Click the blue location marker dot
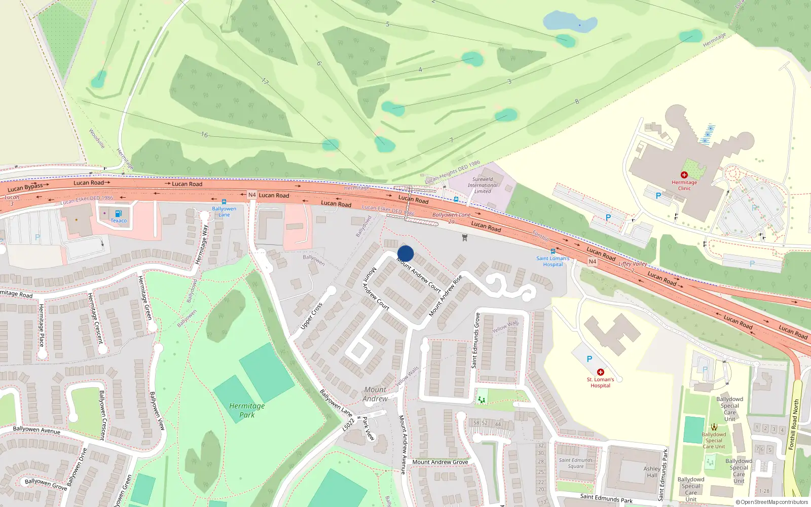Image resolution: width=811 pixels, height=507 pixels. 405,253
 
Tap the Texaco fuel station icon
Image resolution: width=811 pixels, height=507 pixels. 118,214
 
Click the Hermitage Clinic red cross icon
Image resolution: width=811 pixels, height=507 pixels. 684,175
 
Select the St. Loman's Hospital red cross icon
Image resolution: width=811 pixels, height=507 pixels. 601,372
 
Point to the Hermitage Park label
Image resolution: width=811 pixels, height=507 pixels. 247,410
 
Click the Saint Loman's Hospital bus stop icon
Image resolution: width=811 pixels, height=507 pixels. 552,251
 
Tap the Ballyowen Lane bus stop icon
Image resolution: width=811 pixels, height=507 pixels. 224,202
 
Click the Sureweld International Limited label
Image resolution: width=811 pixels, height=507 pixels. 483,185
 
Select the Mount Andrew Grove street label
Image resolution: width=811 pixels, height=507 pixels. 440,462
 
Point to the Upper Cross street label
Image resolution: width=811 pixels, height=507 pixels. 311,316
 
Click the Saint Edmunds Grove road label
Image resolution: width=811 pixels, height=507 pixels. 476,340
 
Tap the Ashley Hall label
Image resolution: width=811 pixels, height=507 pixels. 652,472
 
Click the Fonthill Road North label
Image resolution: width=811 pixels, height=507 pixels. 794,424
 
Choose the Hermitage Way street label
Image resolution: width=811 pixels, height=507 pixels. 202,244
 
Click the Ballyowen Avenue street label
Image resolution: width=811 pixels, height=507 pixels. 36,430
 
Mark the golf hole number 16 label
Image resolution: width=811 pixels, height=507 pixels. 204,135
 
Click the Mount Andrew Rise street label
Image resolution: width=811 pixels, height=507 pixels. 446,296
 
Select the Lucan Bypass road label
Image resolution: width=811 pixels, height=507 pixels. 25,187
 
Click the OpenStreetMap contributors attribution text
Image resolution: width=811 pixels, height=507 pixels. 772,502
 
